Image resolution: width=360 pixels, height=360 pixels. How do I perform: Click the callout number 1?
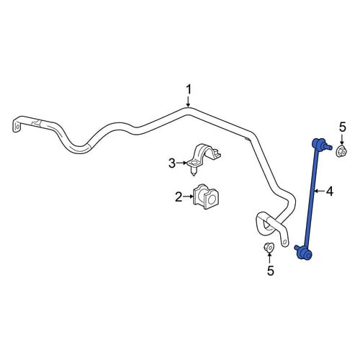click(189, 90)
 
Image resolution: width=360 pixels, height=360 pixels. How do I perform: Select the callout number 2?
click(179, 197)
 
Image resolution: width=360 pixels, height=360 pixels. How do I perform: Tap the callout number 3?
click(172, 163)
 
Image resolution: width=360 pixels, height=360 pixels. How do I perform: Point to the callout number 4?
click(330, 192)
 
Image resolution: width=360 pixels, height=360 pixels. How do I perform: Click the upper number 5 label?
click(342, 127)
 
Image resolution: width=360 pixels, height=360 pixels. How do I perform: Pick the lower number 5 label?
click(270, 271)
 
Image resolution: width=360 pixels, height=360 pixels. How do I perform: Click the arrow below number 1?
click(189, 102)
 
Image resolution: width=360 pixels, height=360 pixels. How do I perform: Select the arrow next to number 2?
click(189, 197)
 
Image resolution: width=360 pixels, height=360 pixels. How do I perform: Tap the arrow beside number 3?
click(181, 163)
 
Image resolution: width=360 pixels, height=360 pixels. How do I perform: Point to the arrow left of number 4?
click(320, 191)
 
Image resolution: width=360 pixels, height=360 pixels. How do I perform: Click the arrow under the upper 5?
click(342, 139)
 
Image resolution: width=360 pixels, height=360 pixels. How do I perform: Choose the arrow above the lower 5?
click(269, 258)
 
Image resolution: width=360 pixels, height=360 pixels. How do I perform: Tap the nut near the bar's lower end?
click(269, 248)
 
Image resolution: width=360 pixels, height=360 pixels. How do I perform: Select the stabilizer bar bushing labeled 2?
click(206, 197)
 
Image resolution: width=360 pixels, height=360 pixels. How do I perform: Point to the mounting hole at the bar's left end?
click(17, 126)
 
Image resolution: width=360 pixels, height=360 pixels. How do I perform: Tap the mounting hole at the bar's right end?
click(284, 242)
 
